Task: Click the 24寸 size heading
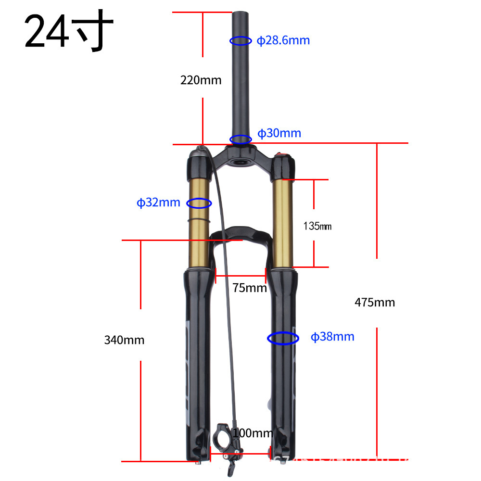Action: pos(69,32)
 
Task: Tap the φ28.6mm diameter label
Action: pos(283,40)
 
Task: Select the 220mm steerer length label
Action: pos(201,80)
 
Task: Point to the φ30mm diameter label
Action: pos(279,133)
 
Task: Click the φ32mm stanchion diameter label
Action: pos(159,203)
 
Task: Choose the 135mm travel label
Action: pos(317,226)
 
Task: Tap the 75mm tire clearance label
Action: pos(249,288)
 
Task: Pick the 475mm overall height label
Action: pos(375,302)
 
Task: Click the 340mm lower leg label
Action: pos(124,340)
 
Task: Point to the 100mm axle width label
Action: pos(253,433)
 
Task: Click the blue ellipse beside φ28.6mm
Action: pos(241,41)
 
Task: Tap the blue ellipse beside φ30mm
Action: pos(240,139)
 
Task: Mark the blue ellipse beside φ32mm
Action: pos(199,203)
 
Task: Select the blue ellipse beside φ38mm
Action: pos(283,338)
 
